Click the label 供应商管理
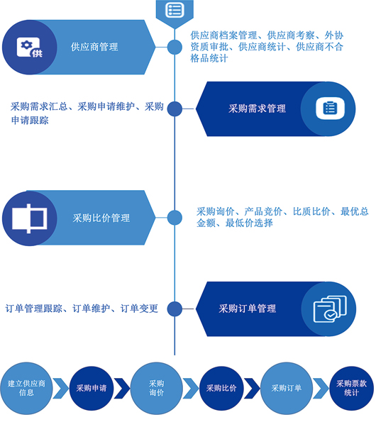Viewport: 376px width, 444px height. click(94, 47)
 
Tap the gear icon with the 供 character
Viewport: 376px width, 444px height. click(30, 48)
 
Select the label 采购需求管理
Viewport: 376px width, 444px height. click(257, 109)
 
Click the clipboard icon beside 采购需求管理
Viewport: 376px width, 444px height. click(330, 109)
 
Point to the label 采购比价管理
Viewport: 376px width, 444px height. click(101, 218)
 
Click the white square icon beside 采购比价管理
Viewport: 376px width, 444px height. click(30, 218)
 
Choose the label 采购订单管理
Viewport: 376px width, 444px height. click(247, 309)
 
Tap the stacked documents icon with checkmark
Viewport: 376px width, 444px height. click(330, 309)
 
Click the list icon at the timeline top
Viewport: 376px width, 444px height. click(175, 10)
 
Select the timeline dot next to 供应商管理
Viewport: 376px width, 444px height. click(175, 47)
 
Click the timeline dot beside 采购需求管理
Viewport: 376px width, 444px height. click(175, 109)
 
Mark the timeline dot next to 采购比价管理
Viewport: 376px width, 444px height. click(175, 218)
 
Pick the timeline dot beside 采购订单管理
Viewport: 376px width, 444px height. click(175, 309)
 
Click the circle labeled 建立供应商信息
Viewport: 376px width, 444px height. click(26, 388)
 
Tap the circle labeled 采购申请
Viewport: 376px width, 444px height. click(92, 388)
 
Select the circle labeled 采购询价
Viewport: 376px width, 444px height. click(157, 388)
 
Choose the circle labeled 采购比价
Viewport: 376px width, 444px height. click(221, 388)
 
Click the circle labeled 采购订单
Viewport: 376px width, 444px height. click(286, 388)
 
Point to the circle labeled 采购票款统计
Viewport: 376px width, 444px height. click(351, 388)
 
